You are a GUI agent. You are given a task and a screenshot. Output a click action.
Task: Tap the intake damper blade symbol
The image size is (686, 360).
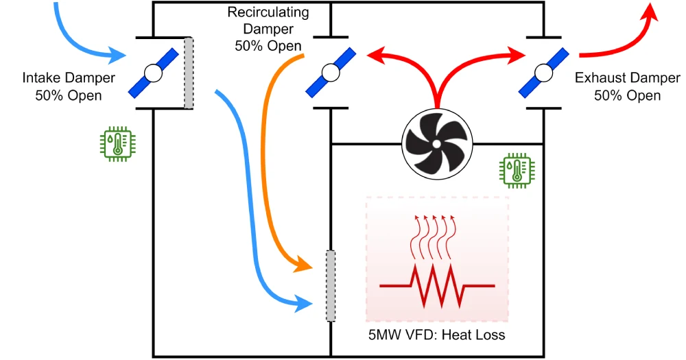pyautogui.click(x=152, y=73)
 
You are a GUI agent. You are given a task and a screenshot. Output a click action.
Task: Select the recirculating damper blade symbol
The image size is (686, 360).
pyautogui.click(x=331, y=73)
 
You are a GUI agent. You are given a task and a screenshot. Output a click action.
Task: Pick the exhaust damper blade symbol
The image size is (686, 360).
pyautogui.click(x=544, y=73)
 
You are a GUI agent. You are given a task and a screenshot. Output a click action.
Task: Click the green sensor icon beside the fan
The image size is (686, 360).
pyautogui.click(x=516, y=170)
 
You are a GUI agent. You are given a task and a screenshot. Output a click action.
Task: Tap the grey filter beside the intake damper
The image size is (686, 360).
pyautogui.click(x=189, y=73)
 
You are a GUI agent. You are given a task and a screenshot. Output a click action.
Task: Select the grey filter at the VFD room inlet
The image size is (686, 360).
pyautogui.click(x=331, y=286)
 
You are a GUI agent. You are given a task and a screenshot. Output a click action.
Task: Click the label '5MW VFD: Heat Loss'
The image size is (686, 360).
pyautogui.click(x=436, y=335)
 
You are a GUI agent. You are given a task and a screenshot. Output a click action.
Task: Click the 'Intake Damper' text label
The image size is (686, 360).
pyautogui.click(x=68, y=79)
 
